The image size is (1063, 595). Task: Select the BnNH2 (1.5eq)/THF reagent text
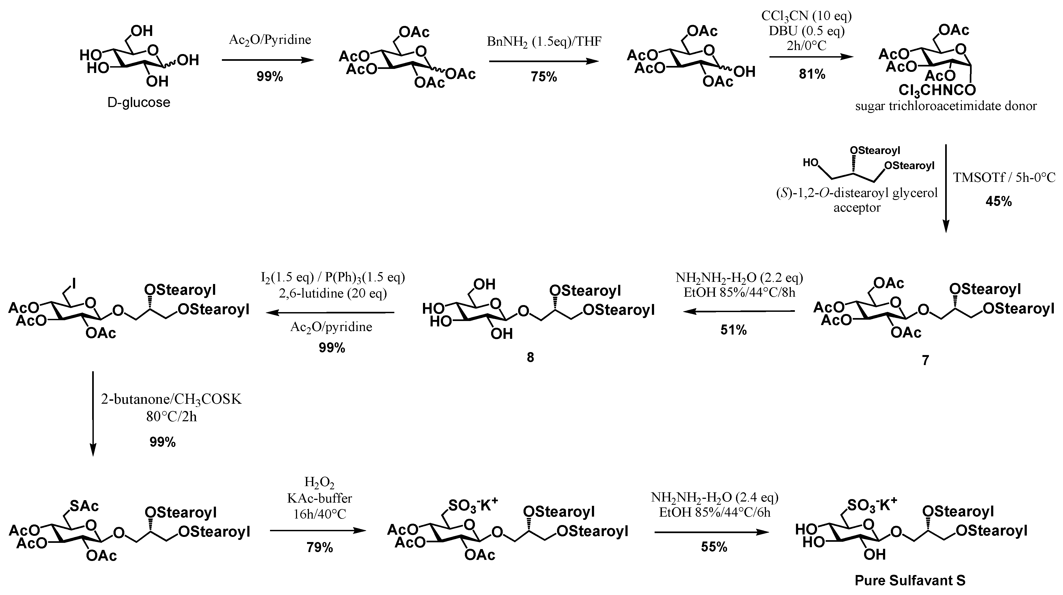[544, 41]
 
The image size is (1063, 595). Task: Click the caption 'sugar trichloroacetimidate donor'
[946, 106]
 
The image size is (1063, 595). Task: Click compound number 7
[926, 360]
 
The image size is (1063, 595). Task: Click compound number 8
[530, 357]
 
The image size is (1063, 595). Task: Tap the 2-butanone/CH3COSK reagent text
[171, 399]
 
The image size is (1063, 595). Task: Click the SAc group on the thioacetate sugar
[84, 506]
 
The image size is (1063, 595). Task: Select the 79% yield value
[319, 547]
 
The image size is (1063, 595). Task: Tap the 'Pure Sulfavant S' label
[910, 581]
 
